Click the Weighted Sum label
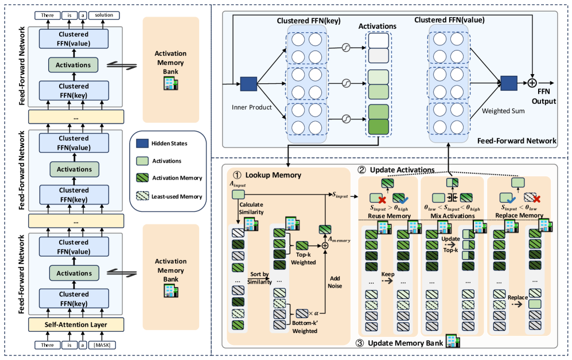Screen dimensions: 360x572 [x=498, y=110]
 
